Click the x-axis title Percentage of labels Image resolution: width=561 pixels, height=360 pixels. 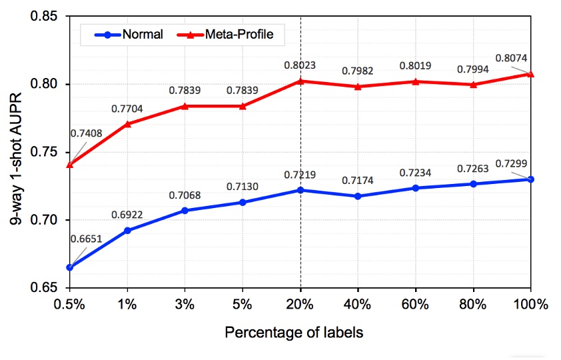pyautogui.click(x=294, y=332)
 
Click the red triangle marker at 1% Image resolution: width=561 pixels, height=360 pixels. pyautogui.click(x=127, y=124)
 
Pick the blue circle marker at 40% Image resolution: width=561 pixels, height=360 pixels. pyautogui.click(x=358, y=196)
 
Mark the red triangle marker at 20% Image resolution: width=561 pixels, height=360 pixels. pyautogui.click(x=300, y=81)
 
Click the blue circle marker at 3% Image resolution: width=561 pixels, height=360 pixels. pyautogui.click(x=185, y=211)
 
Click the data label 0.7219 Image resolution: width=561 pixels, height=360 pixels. pyautogui.click(x=300, y=175)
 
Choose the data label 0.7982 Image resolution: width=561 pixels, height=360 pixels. pyautogui.click(x=358, y=71)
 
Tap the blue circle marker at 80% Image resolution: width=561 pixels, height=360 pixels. pyautogui.click(x=473, y=184)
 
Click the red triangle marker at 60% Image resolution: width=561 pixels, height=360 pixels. pyautogui.click(x=416, y=81)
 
